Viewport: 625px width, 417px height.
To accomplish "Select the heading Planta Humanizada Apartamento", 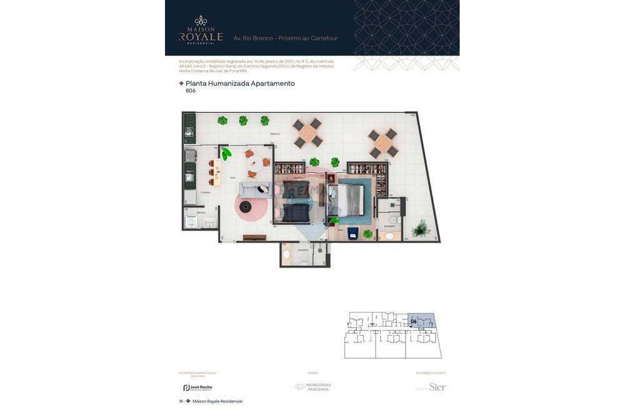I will pyautogui.click(x=240, y=83).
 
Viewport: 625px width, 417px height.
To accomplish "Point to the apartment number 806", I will pyautogui.click(x=191, y=91).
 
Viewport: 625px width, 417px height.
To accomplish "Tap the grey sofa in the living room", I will pyautogui.click(x=255, y=190).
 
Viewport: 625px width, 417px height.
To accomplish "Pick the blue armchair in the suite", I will pyautogui.click(x=352, y=233).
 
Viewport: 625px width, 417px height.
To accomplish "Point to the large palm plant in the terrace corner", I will pyautogui.click(x=421, y=228).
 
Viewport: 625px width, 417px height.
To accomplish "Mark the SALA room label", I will pyautogui.click(x=232, y=178).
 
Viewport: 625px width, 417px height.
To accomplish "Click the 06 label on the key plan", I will pyautogui.click(x=414, y=321).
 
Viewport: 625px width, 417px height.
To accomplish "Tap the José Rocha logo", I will pyautogui.click(x=197, y=388).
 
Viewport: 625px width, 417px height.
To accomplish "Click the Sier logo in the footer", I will pyautogui.click(x=437, y=387).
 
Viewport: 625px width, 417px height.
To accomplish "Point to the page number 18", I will pyautogui.click(x=181, y=401).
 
